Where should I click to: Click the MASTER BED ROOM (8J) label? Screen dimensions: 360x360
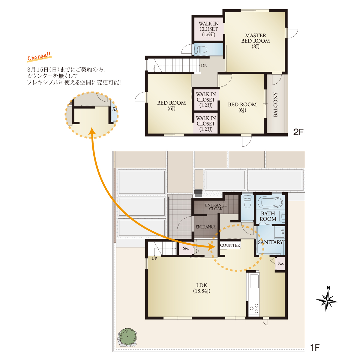pos(255,41)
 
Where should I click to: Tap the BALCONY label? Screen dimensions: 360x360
pos(275,105)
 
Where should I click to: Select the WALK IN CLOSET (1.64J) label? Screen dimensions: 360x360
pos(208,29)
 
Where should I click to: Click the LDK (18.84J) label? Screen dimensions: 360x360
pos(202,288)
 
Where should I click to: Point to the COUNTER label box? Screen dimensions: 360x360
pos(230,245)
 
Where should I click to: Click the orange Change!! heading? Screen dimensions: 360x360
pos(39,57)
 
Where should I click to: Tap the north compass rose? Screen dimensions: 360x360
pos(327,301)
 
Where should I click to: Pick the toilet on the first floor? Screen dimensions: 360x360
pos(247,202)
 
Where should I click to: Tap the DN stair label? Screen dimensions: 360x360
pos(204,66)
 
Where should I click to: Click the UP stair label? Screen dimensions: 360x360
pos(154,259)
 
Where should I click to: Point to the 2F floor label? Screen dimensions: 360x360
pos(298,132)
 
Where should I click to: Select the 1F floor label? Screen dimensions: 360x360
pos(315,348)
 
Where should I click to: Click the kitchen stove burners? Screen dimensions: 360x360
pos(254,308)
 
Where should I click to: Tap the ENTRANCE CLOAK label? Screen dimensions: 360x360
pos(216,207)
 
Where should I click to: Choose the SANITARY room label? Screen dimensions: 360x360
pos(270,242)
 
